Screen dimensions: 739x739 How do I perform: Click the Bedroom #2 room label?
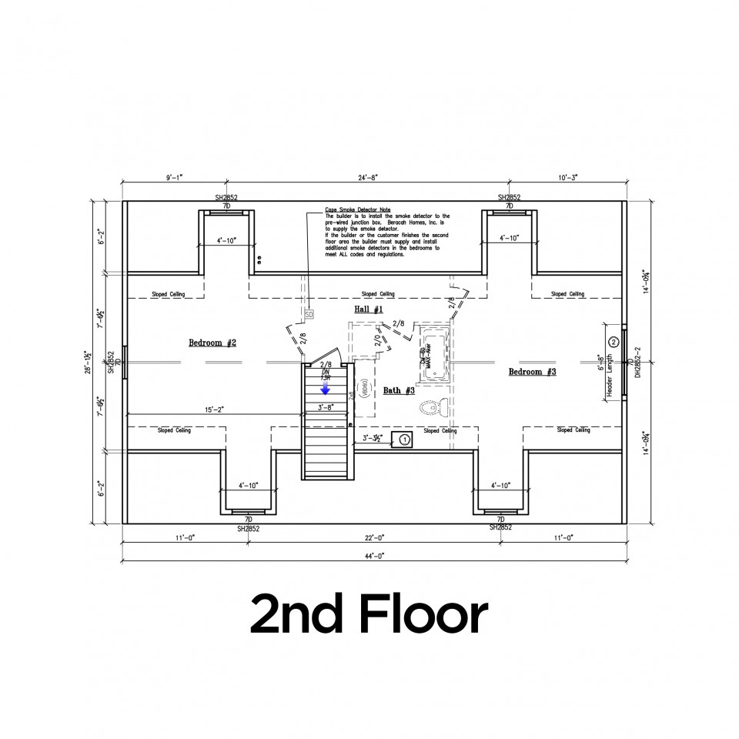[212, 342]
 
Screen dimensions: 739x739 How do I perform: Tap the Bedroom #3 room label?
[532, 372]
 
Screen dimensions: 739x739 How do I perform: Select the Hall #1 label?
[369, 309]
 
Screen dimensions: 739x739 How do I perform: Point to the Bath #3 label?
[399, 390]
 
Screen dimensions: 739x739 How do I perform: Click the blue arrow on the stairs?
[326, 389]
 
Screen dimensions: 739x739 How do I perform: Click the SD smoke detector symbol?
[309, 315]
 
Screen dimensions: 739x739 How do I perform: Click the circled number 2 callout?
[614, 341]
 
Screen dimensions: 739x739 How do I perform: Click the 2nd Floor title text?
[369, 614]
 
